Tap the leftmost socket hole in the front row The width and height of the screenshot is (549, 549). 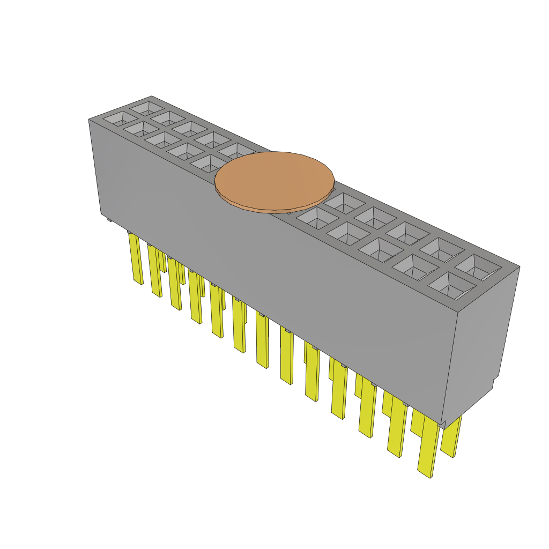pyautogui.click(x=113, y=118)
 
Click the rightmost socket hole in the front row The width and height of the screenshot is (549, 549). pyautogui.click(x=451, y=285)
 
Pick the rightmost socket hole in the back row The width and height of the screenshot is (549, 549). pyautogui.click(x=479, y=267)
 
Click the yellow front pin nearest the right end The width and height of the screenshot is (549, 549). pyautogui.click(x=427, y=448)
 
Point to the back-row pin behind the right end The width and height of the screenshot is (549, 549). pyautogui.click(x=451, y=437)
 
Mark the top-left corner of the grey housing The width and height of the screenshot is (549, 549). pyautogui.click(x=89, y=120)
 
